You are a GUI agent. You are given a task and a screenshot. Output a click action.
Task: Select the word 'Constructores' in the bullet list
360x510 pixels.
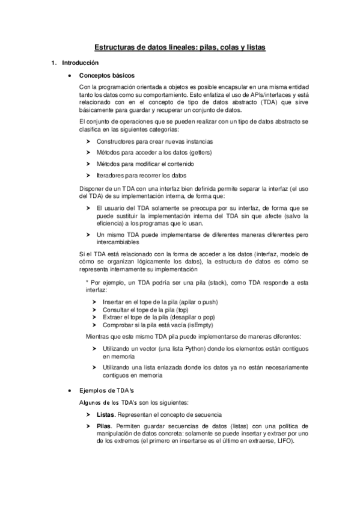click(x=114, y=141)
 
